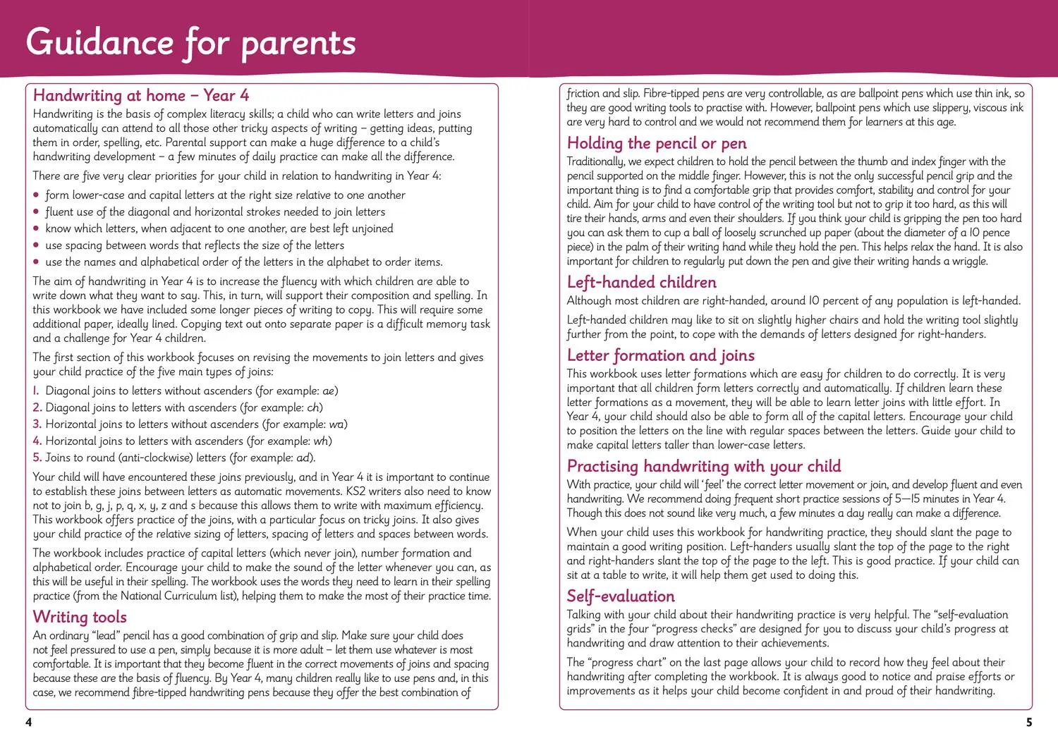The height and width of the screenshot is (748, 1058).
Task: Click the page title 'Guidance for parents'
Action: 190,42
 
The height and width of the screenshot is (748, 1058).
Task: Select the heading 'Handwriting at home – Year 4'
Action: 141,95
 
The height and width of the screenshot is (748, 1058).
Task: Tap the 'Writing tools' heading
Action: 80,617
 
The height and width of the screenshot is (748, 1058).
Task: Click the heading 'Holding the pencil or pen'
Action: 657,143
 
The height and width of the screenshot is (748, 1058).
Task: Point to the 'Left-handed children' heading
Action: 641,282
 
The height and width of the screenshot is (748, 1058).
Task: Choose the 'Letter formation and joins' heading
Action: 660,355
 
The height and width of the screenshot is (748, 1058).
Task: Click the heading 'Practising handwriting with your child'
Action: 703,466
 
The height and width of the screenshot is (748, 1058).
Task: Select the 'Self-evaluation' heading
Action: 621,596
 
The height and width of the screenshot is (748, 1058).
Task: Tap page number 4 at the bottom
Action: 28,722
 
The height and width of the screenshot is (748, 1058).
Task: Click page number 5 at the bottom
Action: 1028,722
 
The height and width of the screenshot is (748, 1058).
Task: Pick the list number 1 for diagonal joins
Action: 36,391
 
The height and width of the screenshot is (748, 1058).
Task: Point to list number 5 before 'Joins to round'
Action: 37,458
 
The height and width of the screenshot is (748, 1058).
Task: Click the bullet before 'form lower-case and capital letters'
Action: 37,195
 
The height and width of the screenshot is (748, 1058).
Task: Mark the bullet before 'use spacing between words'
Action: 37,246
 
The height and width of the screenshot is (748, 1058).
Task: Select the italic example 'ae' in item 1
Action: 329,391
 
